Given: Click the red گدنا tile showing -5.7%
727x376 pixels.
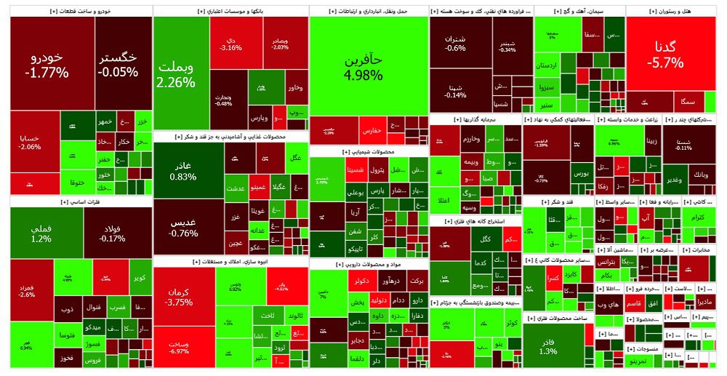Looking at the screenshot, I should [669, 55].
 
